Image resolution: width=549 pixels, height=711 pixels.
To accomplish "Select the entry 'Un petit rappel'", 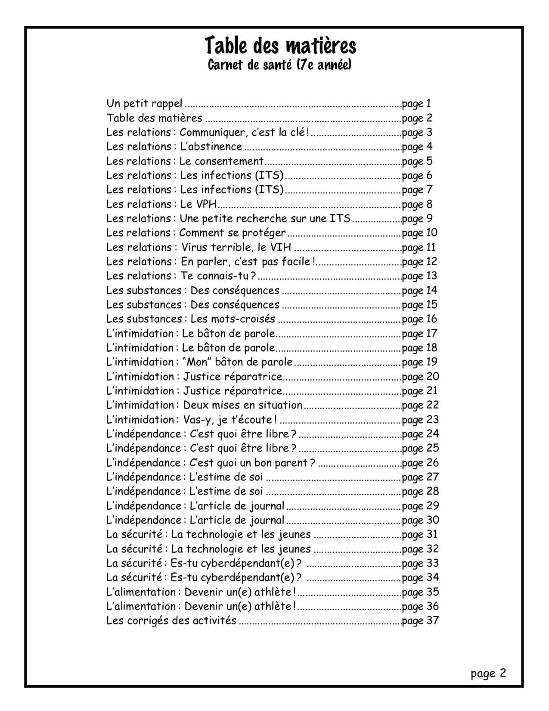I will tap(144, 103).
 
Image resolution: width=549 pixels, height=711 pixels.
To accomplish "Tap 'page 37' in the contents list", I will tap(420, 621).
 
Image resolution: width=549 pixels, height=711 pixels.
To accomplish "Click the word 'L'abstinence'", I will tap(211, 147).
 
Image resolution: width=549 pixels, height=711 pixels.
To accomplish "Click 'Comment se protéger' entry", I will tap(232, 233).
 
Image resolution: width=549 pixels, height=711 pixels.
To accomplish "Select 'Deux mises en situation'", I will tap(242, 405).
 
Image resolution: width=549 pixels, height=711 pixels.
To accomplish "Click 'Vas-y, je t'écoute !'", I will tap(230, 420).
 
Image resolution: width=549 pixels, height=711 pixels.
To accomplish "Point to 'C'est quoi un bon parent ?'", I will tap(252, 463).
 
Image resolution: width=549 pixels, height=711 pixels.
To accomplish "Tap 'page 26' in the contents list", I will tap(420, 463).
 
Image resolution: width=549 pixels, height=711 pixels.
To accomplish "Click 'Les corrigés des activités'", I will tap(171, 621).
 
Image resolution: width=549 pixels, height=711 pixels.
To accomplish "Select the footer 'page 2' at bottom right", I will tap(488, 674).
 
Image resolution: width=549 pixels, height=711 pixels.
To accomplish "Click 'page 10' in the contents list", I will tap(420, 233).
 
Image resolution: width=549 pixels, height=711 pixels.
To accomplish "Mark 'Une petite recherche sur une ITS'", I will tap(265, 218).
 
